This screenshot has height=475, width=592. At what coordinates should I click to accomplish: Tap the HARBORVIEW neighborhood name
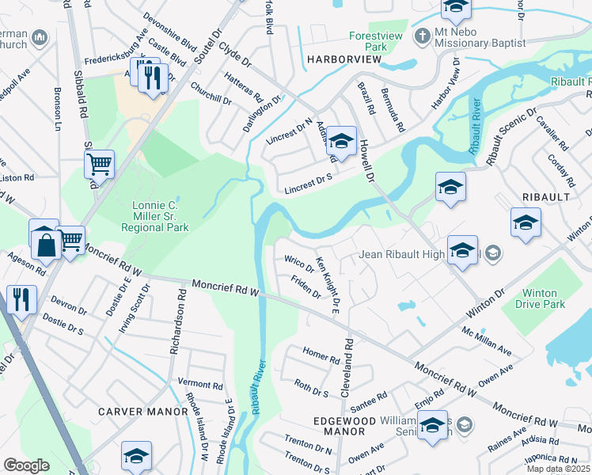coord(338,59)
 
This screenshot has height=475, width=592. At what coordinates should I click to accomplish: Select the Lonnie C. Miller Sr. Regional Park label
coord(155,215)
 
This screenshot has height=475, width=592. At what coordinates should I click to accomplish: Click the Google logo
coord(26,465)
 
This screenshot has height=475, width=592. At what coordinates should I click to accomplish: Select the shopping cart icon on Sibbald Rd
coord(99,164)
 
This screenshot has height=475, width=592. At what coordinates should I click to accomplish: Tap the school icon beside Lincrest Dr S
coord(341,142)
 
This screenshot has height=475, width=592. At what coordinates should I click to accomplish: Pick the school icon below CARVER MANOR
coord(136,456)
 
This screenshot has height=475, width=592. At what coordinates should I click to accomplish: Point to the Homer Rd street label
coord(321,354)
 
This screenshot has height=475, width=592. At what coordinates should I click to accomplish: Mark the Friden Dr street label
coord(305,287)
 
